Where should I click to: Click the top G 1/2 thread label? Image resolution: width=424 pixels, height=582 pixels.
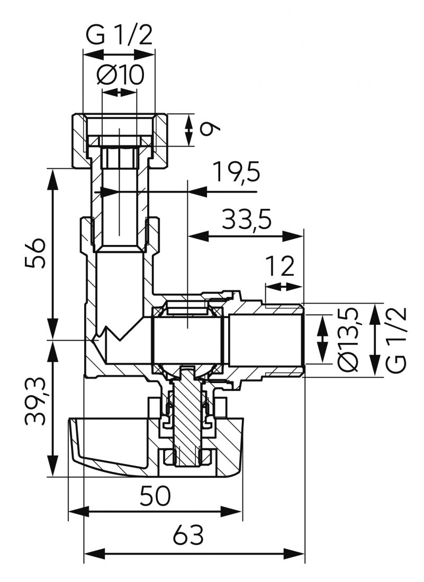point(119,35)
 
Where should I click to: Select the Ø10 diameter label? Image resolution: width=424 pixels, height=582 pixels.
point(120,75)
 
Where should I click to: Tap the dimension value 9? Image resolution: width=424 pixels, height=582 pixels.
point(210,130)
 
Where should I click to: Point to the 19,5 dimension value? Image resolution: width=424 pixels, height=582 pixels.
point(237,171)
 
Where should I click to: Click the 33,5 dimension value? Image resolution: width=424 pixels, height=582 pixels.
point(247,219)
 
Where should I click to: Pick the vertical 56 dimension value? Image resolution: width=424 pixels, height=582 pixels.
point(35,253)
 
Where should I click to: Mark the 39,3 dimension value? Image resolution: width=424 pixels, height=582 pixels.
point(35,401)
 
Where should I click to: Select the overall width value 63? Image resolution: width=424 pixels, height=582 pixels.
point(188,535)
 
